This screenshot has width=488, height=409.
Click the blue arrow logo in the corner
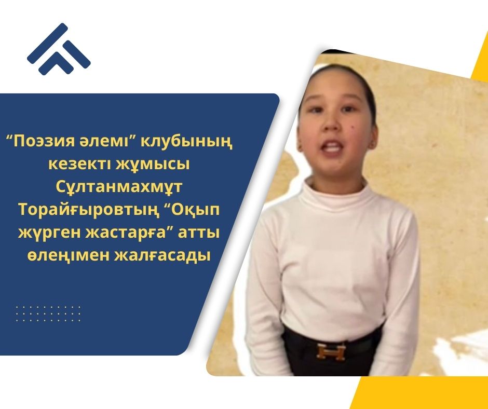59,49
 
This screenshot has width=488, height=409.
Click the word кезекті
78,164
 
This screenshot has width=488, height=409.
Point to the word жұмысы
153,165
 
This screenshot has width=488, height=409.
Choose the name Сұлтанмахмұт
119,187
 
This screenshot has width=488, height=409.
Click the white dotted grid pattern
48,313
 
